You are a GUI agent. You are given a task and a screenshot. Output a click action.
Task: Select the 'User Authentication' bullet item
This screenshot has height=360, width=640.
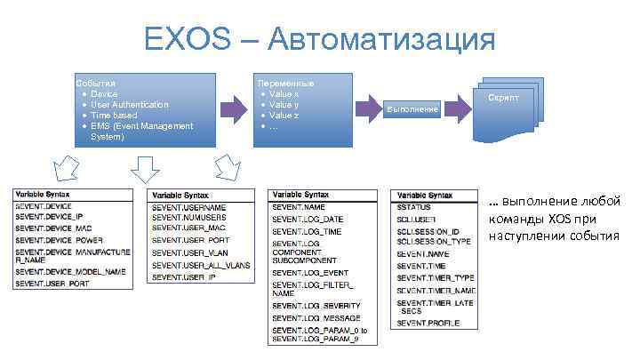point(129,105)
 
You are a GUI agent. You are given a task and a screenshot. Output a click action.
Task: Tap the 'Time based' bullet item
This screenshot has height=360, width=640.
point(114,116)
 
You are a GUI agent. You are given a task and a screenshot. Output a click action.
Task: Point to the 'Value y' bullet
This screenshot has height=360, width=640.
point(284,105)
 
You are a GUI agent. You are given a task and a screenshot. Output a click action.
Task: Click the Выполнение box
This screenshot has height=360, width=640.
point(412,108)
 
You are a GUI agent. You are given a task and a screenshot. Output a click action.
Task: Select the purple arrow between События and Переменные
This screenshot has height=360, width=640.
point(234,109)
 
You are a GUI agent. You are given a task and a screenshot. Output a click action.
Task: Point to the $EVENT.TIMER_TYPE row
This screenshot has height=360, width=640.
point(436,277)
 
